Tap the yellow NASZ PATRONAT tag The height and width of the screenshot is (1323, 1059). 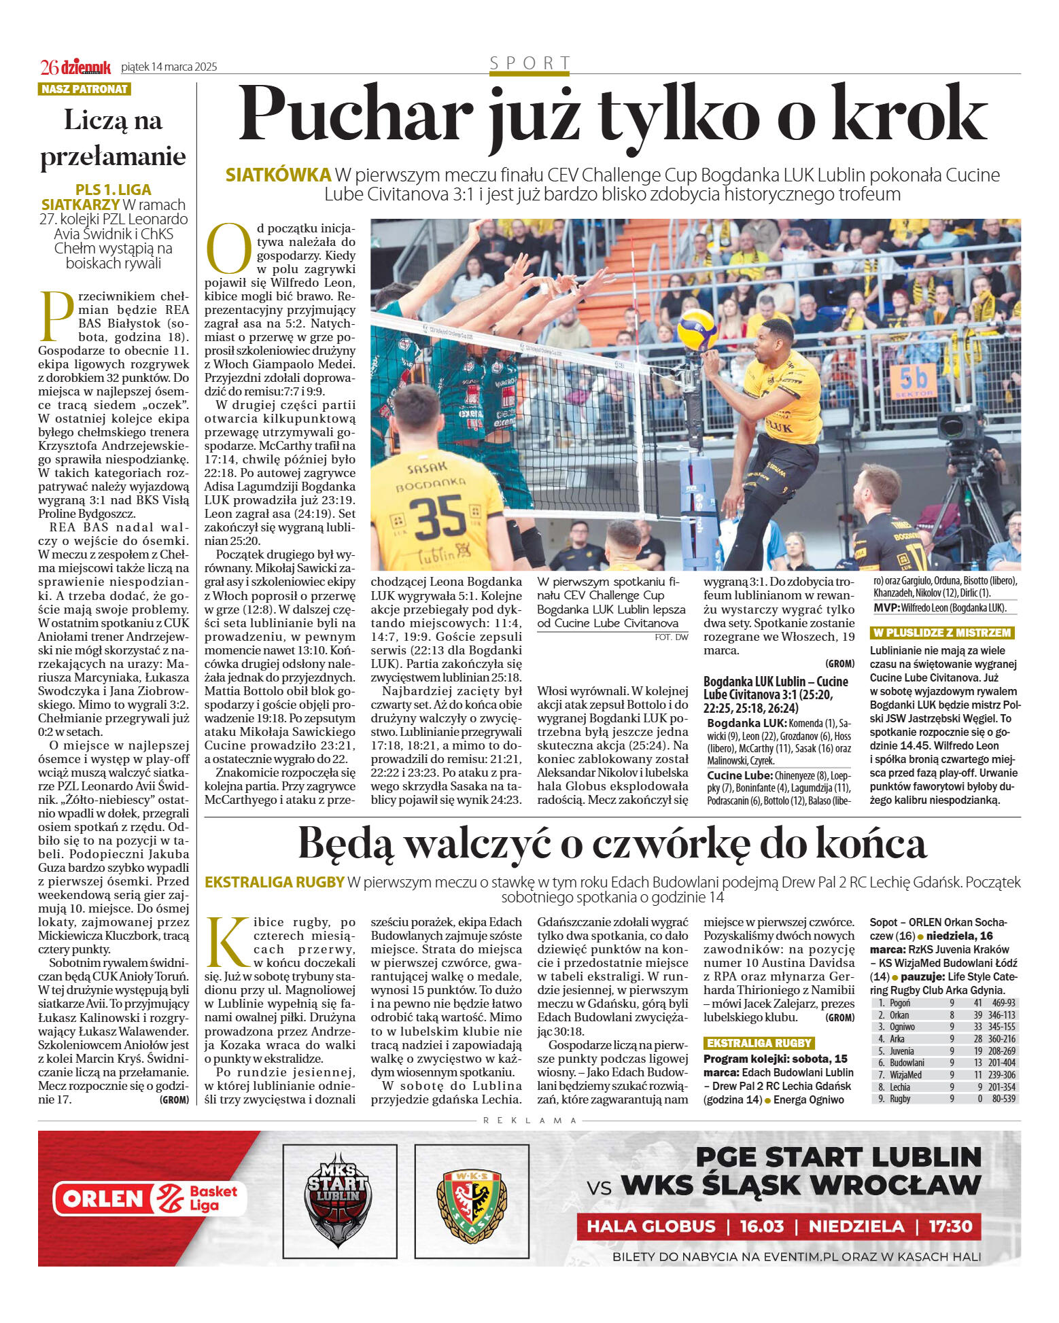[x=84, y=89]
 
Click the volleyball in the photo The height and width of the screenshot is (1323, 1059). [x=697, y=328]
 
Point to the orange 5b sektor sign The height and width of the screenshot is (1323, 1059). [x=914, y=381]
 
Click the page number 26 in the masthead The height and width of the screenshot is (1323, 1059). [x=49, y=67]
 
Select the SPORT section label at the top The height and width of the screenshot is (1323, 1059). [x=529, y=63]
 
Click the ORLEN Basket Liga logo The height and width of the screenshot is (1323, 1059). [x=149, y=1199]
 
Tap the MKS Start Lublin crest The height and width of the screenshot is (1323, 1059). [x=339, y=1200]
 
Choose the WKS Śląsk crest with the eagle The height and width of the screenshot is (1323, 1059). [x=471, y=1200]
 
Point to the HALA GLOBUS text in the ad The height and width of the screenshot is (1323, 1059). [x=650, y=1226]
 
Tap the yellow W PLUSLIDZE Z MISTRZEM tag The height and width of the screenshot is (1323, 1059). [x=942, y=633]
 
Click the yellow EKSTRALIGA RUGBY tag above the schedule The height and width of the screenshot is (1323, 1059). [x=759, y=1042]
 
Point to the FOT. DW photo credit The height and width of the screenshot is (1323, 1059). [x=671, y=637]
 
